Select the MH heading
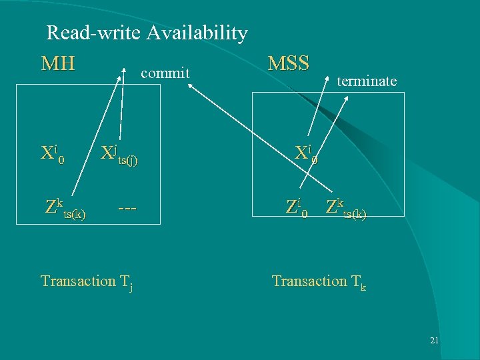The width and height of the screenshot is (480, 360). (58, 64)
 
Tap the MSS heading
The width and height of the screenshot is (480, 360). (288, 63)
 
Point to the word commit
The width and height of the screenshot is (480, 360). (165, 72)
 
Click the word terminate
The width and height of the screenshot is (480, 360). (367, 81)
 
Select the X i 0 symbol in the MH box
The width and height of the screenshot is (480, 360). (53, 154)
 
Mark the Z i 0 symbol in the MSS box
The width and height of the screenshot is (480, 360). (297, 207)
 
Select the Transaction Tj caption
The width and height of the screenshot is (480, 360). (87, 281)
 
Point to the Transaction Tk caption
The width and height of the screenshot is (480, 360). (319, 281)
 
